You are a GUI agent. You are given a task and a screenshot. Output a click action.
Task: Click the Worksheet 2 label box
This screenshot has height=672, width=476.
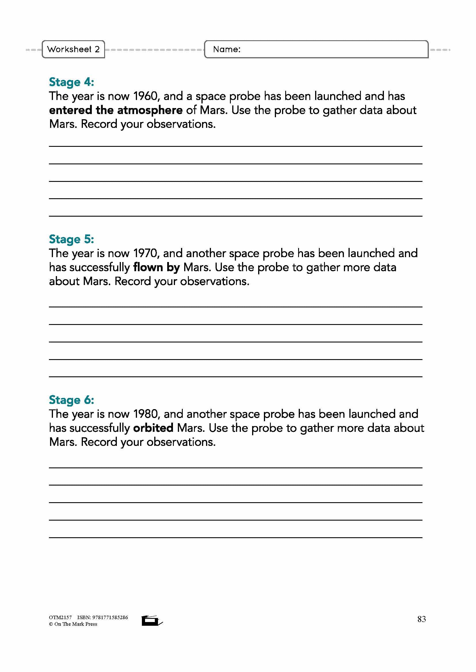(73, 49)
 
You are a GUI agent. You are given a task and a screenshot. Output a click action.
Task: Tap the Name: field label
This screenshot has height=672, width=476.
(226, 49)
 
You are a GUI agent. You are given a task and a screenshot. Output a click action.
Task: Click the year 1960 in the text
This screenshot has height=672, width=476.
(146, 96)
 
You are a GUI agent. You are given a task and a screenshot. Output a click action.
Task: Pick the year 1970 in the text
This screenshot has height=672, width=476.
(146, 253)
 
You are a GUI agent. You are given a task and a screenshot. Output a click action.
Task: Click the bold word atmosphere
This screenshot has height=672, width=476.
(150, 110)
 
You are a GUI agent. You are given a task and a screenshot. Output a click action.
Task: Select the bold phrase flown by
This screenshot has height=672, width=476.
(156, 267)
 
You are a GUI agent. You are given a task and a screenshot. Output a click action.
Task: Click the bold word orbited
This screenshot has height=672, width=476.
(153, 428)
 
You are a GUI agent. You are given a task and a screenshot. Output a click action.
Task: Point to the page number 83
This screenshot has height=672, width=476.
(422, 619)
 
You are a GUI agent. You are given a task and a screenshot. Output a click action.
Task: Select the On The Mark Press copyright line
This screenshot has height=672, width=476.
(73, 624)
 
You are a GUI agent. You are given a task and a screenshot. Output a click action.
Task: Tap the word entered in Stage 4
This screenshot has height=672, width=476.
(71, 110)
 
